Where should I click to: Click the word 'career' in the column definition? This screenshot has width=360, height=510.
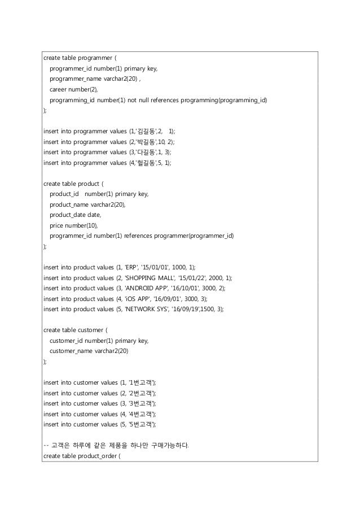[x=59, y=90]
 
